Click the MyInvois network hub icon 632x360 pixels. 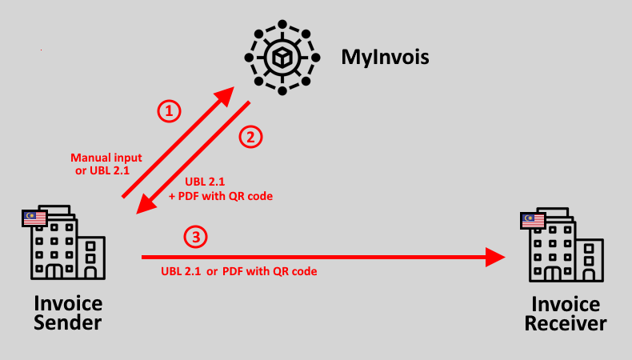pyautogui.click(x=282, y=58)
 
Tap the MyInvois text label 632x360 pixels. pyautogui.click(x=386, y=58)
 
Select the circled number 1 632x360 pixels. pyautogui.click(x=168, y=110)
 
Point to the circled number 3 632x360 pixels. pyautogui.click(x=195, y=237)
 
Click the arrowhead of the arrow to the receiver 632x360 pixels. pyautogui.click(x=496, y=257)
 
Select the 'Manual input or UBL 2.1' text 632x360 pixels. pyautogui.click(x=106, y=164)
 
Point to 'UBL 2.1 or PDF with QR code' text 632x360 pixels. pyautogui.click(x=239, y=272)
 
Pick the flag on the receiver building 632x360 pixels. pyautogui.click(x=533, y=220)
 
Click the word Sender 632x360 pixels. pyautogui.click(x=68, y=323)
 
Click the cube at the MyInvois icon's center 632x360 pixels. pyautogui.click(x=282, y=58)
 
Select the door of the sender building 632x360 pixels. pyautogui.click(x=54, y=270)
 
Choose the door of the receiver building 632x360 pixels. pyautogui.click(x=553, y=273)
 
